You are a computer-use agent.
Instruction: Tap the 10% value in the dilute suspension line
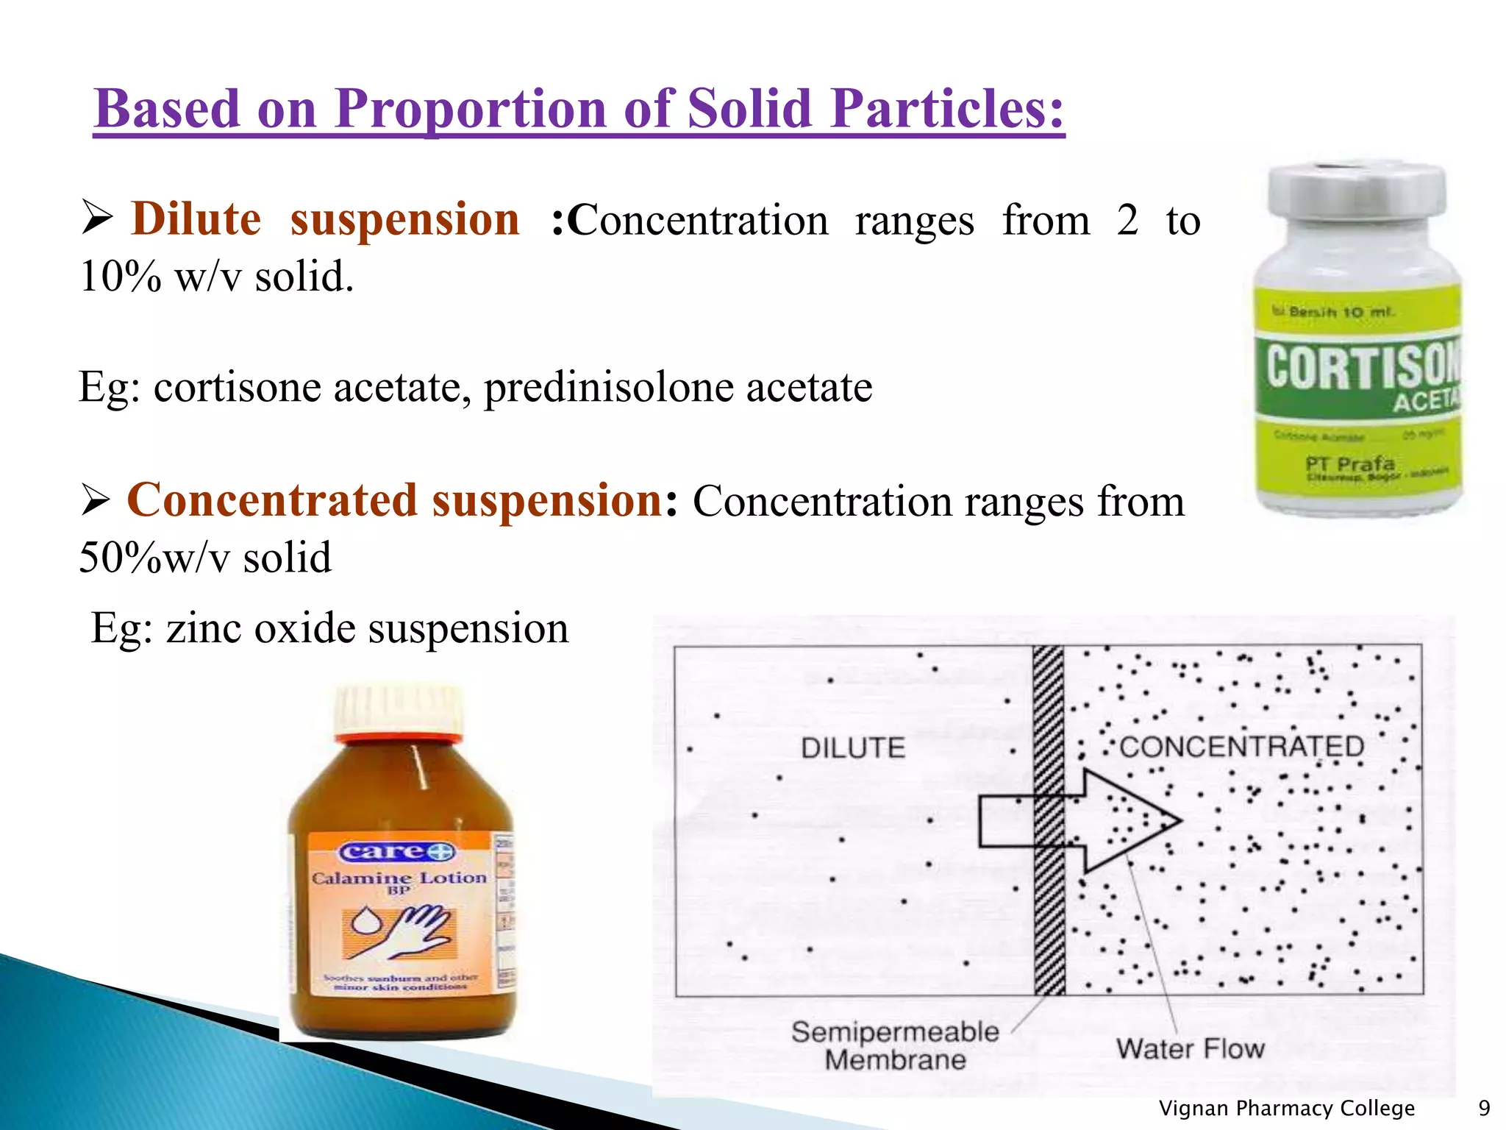pos(120,277)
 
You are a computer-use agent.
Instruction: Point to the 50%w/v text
pos(154,558)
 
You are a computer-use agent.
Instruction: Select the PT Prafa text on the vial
pos(1350,464)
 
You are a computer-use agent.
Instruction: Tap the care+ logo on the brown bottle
pos(398,852)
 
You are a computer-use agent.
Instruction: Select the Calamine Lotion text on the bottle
pos(399,878)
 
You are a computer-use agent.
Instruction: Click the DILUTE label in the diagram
pos(853,748)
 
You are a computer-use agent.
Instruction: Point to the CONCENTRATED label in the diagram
pos(1241,747)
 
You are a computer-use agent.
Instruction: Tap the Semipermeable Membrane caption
pos(895,1045)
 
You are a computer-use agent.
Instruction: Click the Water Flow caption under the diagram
pos(1190,1048)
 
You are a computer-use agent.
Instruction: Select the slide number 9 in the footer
pos(1484,1108)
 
